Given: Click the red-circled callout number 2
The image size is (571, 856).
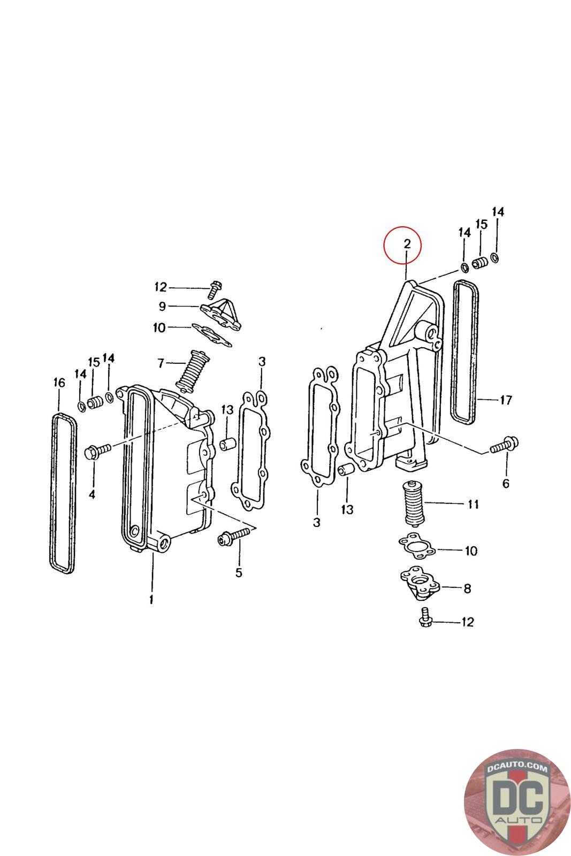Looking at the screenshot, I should click(407, 244).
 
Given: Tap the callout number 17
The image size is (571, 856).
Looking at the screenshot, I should click(506, 399).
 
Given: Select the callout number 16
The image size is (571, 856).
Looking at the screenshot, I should click(59, 383).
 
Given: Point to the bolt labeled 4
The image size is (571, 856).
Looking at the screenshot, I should click(97, 450).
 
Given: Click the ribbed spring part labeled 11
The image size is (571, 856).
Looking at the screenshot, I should click(413, 504).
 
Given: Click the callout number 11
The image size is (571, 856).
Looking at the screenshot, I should click(473, 504).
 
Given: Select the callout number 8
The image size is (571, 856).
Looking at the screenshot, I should click(467, 588).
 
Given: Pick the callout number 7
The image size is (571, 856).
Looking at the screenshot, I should click(161, 363).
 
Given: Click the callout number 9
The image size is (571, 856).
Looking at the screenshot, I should click(162, 307).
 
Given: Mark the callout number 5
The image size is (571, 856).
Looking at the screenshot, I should click(239, 573).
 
